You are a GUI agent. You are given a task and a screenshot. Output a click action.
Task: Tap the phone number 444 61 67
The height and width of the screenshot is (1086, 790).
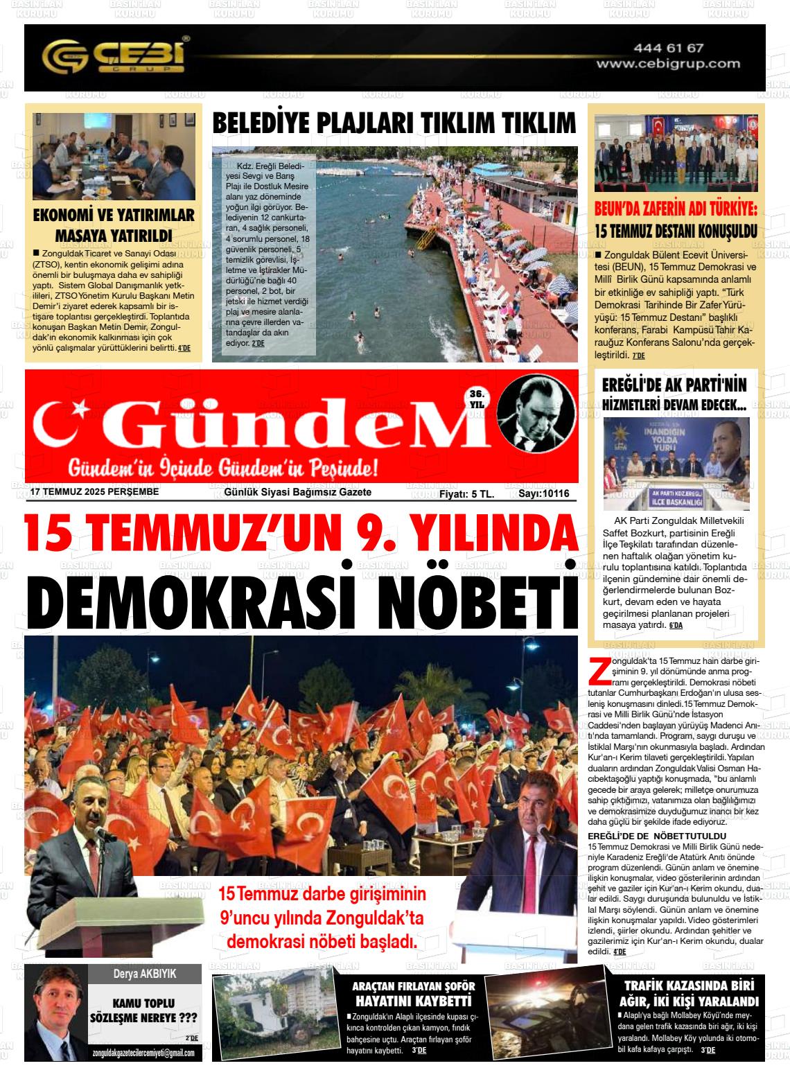[668, 48]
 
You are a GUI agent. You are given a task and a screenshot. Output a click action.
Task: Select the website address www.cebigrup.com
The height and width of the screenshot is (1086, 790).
[668, 63]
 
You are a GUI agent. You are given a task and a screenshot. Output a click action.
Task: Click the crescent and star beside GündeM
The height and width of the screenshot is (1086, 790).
[67, 425]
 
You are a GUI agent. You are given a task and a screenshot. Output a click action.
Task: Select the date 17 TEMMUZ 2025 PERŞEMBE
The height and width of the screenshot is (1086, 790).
[95, 492]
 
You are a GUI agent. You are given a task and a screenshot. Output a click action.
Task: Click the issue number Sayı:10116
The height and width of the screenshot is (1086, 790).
[543, 493]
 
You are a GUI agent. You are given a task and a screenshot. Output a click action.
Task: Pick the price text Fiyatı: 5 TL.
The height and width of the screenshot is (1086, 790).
[466, 493]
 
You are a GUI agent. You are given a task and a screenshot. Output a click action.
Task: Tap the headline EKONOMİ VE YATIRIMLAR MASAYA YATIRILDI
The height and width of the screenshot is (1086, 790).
[114, 225]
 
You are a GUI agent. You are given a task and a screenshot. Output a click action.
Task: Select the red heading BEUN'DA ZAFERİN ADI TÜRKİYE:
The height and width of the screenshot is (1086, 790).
[676, 210]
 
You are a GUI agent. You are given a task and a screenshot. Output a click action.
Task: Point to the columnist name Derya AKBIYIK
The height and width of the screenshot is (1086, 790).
[145, 973]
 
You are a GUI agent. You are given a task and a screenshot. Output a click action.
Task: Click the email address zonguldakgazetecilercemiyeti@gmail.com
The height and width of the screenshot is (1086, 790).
[143, 1053]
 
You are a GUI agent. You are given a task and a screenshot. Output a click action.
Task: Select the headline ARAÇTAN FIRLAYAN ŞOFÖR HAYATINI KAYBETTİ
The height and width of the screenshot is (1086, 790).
[413, 993]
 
